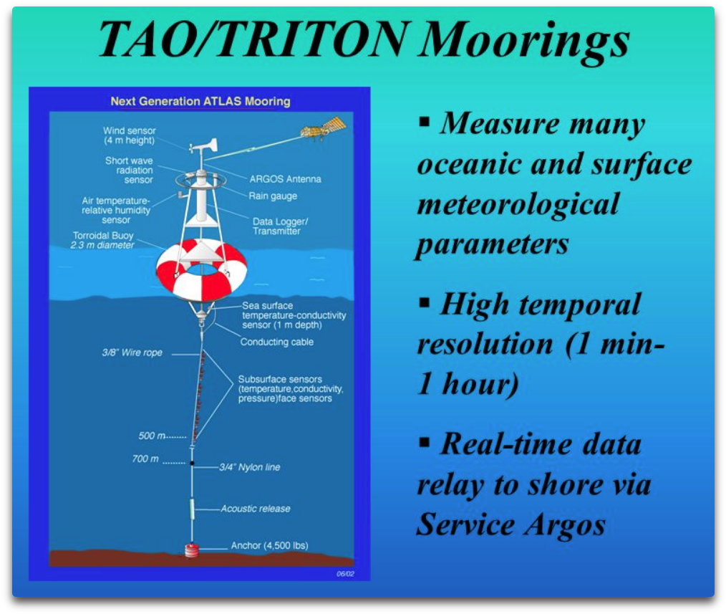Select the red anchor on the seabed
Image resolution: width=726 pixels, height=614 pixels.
click(x=191, y=550)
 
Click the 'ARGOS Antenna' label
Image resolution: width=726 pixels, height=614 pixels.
click(x=285, y=179)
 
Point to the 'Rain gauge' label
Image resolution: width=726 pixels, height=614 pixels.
click(x=273, y=196)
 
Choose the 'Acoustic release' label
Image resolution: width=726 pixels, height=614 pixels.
click(x=256, y=509)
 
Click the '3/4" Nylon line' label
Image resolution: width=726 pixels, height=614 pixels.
click(x=249, y=467)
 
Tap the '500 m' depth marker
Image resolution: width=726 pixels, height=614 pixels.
click(x=153, y=436)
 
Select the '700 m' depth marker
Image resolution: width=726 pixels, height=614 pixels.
click(x=145, y=459)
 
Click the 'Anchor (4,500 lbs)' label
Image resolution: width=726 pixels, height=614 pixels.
click(x=269, y=546)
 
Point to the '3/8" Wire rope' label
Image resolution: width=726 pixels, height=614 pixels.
click(x=132, y=352)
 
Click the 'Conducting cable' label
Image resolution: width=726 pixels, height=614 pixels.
click(x=276, y=342)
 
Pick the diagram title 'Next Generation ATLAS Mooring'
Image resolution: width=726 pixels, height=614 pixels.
click(x=200, y=101)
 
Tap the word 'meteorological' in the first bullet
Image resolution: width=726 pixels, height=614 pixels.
click(x=517, y=205)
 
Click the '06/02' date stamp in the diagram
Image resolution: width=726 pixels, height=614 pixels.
click(x=345, y=574)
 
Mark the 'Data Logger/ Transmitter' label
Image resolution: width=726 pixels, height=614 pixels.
click(x=281, y=226)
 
